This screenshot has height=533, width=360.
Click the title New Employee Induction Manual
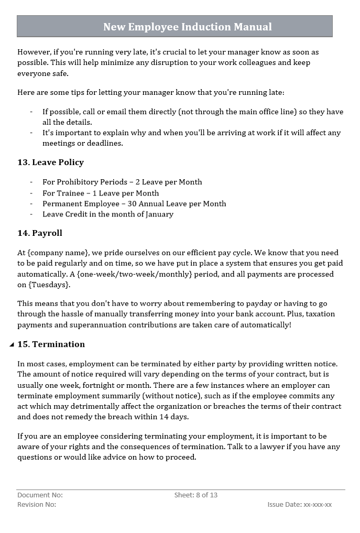(187, 27)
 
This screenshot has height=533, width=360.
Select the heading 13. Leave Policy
(50, 162)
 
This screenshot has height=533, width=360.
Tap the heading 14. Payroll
(40, 233)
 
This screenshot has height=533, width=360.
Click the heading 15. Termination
(51, 344)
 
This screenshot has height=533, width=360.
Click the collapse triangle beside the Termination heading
(12, 345)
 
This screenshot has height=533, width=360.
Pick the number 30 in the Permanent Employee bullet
(132, 204)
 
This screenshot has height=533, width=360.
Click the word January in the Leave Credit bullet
(157, 214)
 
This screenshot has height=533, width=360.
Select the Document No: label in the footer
(40, 495)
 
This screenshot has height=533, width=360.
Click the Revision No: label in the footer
(37, 505)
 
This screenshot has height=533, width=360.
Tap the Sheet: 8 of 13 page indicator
(195, 495)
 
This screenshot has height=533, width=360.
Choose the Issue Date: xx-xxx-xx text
(299, 505)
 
